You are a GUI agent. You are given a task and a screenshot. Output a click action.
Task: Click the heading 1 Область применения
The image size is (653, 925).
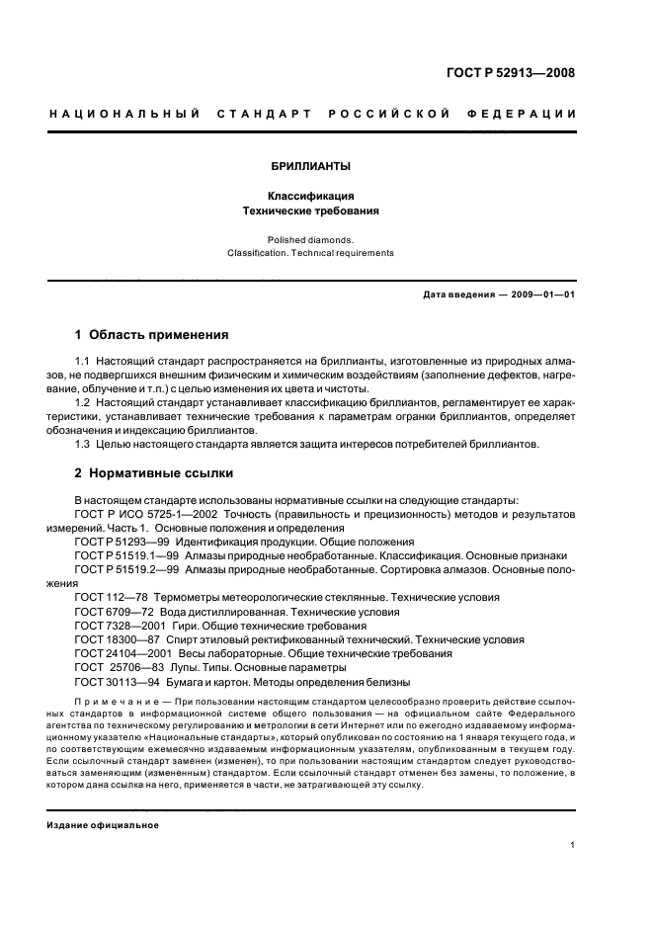pyautogui.click(x=151, y=335)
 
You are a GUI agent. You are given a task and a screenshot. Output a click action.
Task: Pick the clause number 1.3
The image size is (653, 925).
pyautogui.click(x=83, y=444)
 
